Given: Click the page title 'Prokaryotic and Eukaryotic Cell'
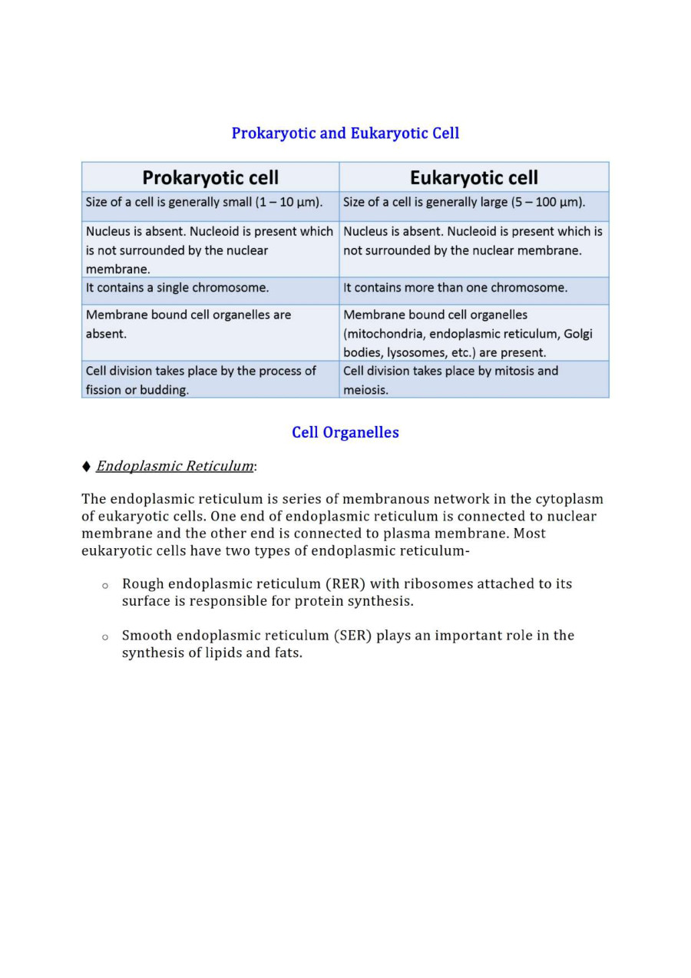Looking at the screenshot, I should [345, 134].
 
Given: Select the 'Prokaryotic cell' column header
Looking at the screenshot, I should [210, 178].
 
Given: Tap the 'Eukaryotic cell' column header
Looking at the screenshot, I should [474, 178].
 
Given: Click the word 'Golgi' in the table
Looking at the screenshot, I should [578, 334].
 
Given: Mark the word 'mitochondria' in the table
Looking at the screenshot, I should [385, 334].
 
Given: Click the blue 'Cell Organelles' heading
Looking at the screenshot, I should [345, 432].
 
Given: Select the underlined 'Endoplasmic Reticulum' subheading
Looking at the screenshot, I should [175, 466].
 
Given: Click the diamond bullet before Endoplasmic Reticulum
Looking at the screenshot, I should [86, 467].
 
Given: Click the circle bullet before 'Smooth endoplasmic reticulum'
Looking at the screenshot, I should [104, 637].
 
